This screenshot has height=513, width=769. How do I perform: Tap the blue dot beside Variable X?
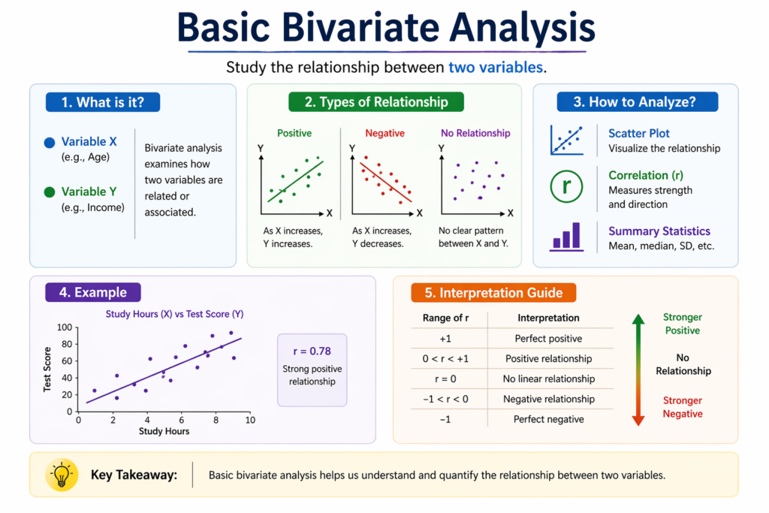click(x=50, y=142)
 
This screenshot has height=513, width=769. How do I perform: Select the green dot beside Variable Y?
click(x=50, y=192)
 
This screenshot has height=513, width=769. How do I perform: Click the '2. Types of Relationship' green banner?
click(x=376, y=102)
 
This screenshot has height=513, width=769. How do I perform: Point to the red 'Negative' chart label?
click(x=384, y=133)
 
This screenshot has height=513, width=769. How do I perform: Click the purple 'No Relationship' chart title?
click(x=475, y=133)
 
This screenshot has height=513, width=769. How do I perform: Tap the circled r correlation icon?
click(x=567, y=187)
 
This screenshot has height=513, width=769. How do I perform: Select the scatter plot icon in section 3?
click(x=567, y=140)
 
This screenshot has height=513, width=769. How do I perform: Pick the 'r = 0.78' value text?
click(x=312, y=351)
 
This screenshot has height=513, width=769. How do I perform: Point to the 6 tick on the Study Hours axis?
click(x=182, y=420)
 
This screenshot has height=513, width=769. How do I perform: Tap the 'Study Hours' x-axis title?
click(x=164, y=431)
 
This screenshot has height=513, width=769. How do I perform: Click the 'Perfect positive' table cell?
click(x=548, y=339)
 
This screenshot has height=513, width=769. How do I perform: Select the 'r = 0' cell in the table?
click(x=445, y=379)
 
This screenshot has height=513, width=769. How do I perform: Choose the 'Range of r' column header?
click(x=445, y=318)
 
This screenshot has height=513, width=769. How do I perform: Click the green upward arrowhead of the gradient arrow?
click(x=638, y=319)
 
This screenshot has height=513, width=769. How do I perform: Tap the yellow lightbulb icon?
click(x=61, y=475)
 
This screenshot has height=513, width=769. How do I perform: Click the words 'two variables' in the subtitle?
click(x=495, y=67)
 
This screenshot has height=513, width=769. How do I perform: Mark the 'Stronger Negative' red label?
click(x=682, y=407)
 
